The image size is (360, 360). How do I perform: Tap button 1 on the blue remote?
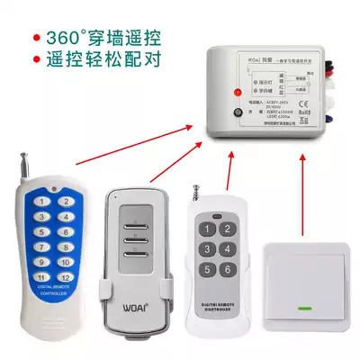[x=41, y=202]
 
